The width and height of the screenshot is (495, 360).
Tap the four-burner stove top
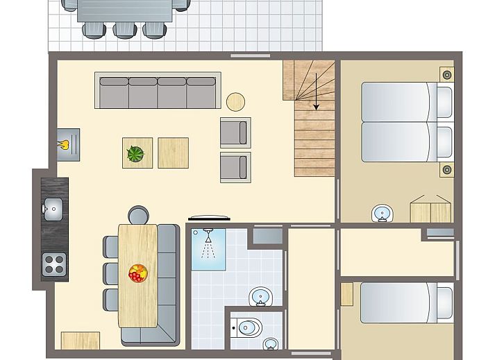tap(55, 263)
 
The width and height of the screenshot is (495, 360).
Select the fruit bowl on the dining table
tap(137, 273)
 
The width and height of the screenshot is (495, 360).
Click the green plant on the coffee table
tap(137, 152)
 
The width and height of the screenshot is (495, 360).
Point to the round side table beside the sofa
tap(236, 102)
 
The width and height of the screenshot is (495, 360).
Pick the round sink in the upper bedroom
tap(380, 213)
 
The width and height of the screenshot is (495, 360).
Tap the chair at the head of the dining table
tap(138, 215)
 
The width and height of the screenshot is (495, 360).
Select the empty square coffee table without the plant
tap(173, 153)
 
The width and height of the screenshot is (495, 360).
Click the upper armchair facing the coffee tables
tap(235, 132)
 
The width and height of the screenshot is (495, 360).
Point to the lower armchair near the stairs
tap(235, 167)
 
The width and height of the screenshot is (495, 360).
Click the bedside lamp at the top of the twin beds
tap(446, 73)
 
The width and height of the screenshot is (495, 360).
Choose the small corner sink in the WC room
tap(270, 343)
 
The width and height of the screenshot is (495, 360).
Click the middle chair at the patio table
tap(124, 28)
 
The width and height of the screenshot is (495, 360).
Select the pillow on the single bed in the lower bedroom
tap(442, 302)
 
